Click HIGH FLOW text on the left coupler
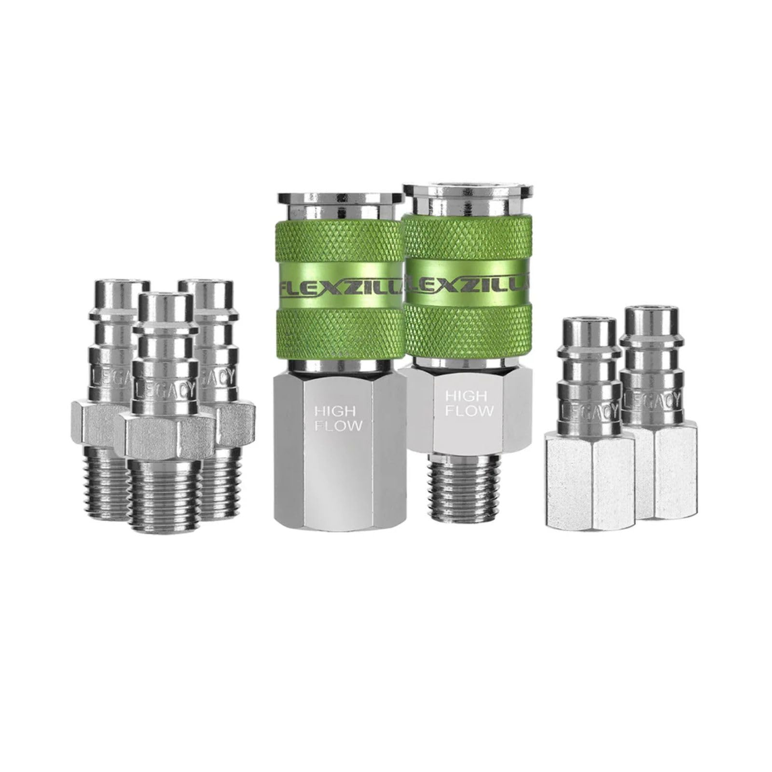click(x=338, y=419)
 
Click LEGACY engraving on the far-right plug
click(x=652, y=400)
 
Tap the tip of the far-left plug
click(x=119, y=290)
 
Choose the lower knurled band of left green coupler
click(x=340, y=333)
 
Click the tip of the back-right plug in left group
click(x=205, y=290)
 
